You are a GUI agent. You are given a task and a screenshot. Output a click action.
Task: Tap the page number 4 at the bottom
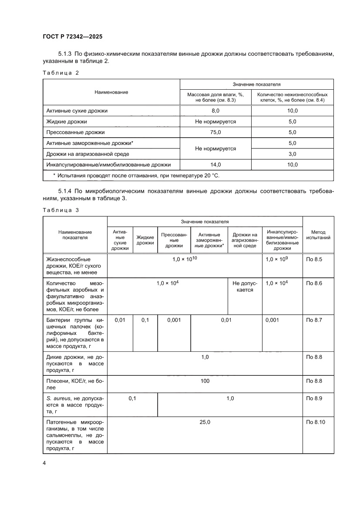point(44,463)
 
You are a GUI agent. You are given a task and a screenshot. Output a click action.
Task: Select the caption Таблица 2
point(61,73)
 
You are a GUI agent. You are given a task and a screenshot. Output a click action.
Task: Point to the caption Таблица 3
point(61,210)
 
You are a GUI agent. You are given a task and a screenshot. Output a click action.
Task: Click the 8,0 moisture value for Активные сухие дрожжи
point(215,111)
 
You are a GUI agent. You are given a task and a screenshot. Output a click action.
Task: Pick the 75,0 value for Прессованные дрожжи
point(215,132)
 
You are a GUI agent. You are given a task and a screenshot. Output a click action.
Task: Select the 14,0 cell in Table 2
point(215,165)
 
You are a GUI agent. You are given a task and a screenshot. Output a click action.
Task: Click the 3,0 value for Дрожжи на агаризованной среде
point(292,154)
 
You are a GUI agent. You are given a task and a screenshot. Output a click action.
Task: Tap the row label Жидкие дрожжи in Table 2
point(67,122)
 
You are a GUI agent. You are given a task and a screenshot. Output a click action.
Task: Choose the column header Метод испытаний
point(318,235)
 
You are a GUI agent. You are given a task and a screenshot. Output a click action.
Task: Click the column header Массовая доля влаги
point(215,97)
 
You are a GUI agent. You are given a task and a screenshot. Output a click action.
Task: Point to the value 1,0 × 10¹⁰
point(185,260)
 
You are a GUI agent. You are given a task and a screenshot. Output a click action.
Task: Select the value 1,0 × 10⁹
point(276,260)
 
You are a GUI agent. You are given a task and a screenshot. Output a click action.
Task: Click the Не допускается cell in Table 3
point(245,287)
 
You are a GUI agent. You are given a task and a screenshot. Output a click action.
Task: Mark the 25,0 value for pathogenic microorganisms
point(205,422)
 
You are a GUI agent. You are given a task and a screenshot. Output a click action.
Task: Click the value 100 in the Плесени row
point(205,381)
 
